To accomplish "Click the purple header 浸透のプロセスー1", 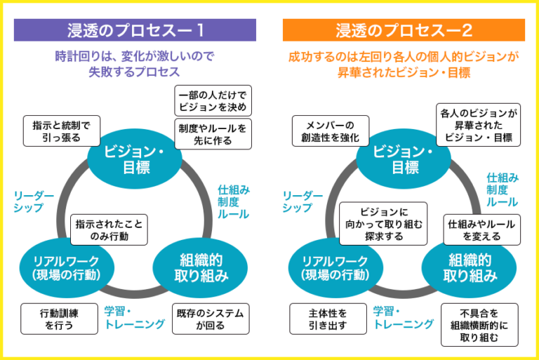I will coord(135,29).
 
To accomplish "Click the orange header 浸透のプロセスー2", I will coord(404,29).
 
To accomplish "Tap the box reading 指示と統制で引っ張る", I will coord(61,131).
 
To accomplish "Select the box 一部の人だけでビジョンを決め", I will coord(213,101).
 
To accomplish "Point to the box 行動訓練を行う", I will coord(58,319).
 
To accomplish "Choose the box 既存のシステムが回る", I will coord(211,319).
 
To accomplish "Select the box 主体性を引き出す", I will coord(328,319).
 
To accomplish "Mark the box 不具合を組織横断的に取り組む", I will coord(480,324).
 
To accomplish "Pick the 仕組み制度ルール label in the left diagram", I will coord(234,201).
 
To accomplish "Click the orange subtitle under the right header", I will coord(404,65).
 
